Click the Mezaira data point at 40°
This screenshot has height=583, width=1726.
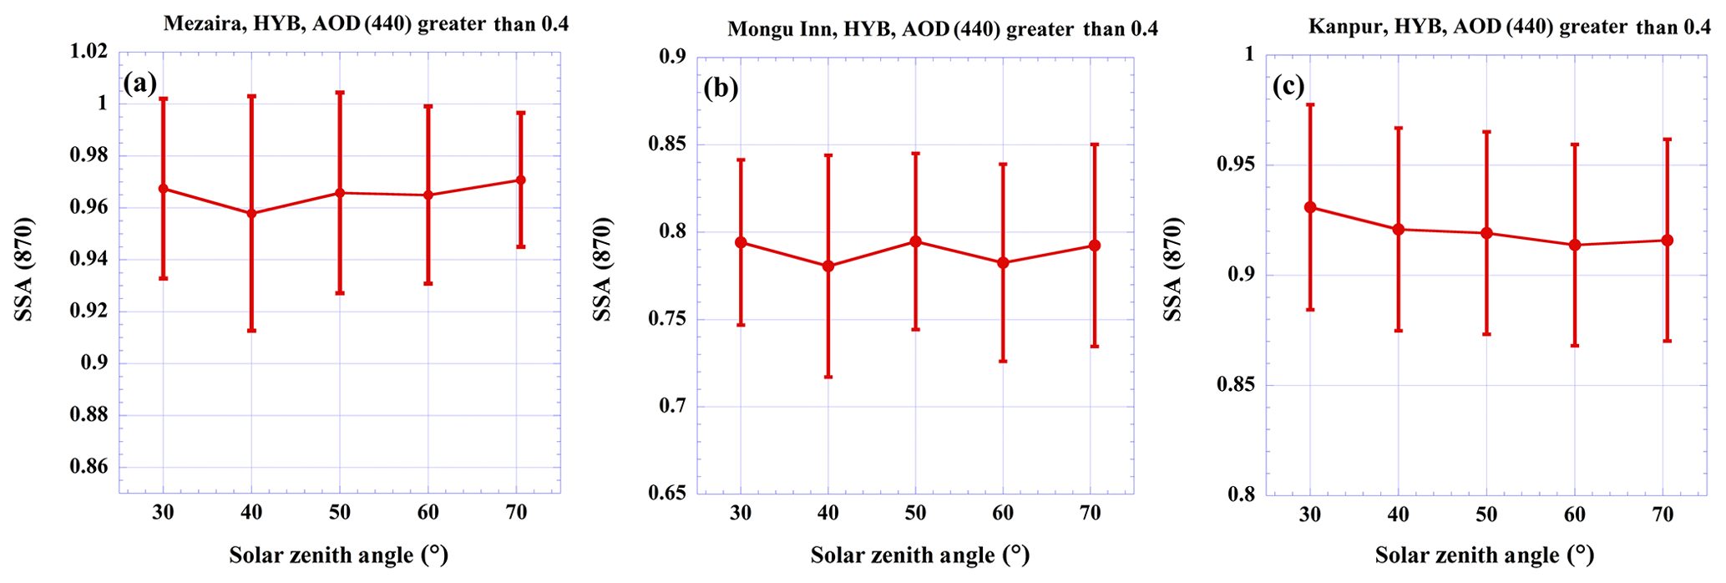251,213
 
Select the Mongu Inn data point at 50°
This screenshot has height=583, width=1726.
915,241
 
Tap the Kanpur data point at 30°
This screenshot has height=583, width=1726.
1310,207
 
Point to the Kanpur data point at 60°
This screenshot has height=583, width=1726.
1575,245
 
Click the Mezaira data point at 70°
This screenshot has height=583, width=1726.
520,180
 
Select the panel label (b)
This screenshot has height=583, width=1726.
721,87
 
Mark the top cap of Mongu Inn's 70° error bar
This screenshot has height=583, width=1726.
1094,144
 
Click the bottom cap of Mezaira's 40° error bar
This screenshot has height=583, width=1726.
251,331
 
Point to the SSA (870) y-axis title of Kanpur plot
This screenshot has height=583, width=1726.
1173,270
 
